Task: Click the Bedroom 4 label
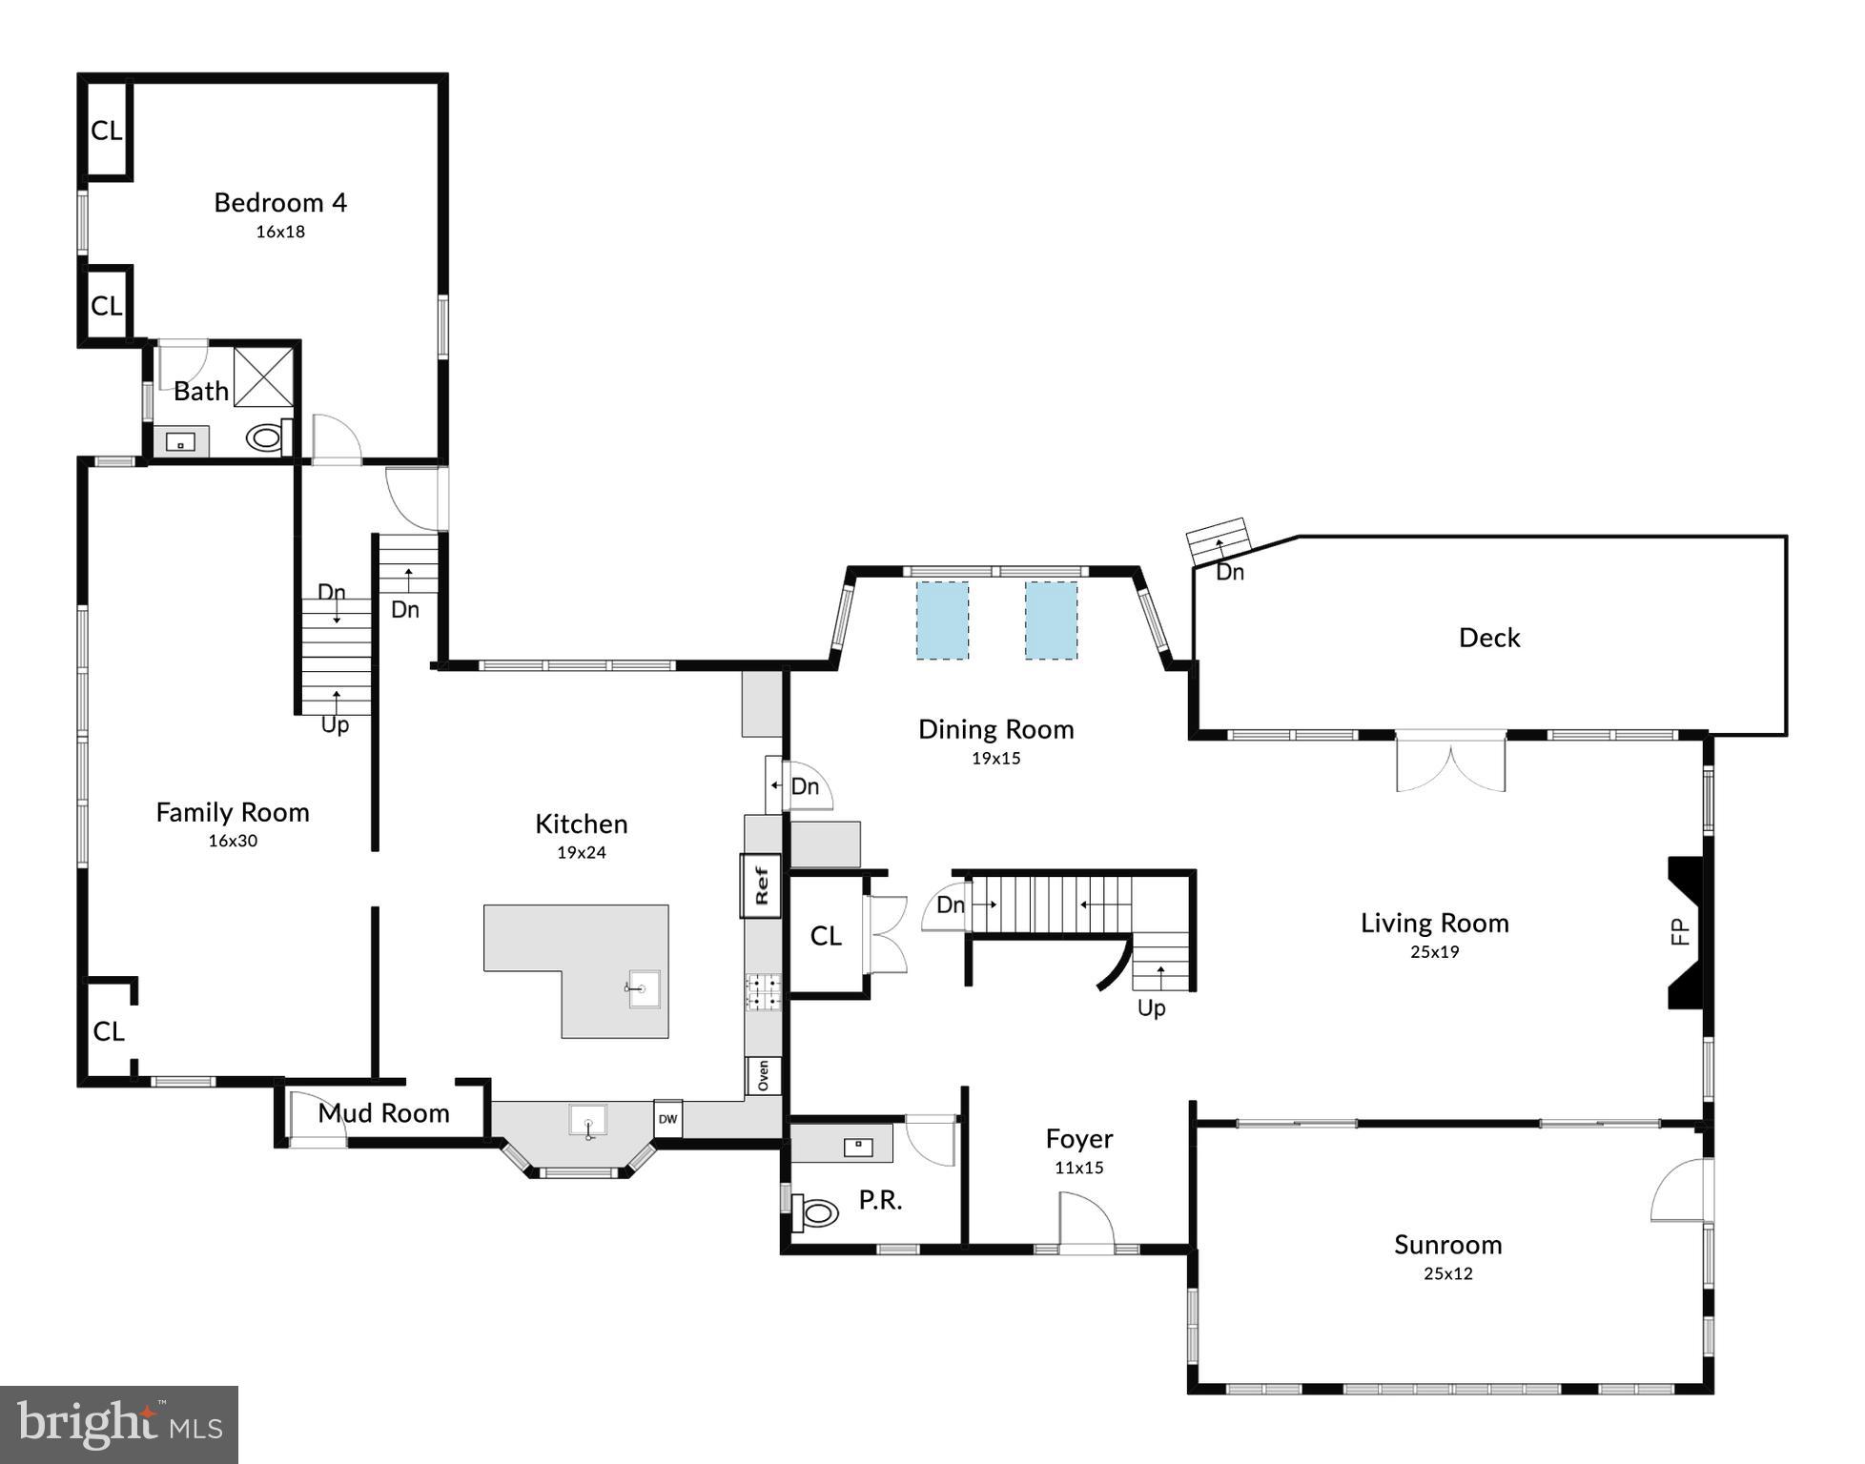(279, 202)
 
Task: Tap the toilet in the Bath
(265, 438)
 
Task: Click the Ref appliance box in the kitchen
(761, 885)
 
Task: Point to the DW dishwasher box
(667, 1119)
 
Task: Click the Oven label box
(763, 1076)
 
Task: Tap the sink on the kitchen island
(644, 989)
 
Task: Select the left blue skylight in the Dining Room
(942, 620)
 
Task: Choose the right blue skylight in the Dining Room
(1051, 620)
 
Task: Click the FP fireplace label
(1680, 930)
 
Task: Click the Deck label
(1488, 638)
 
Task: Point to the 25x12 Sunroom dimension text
(1447, 1273)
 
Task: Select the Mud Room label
(383, 1113)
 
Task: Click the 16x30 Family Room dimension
(233, 841)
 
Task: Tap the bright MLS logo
(118, 1425)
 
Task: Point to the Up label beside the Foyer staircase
(1151, 1007)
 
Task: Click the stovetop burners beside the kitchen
(763, 991)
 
